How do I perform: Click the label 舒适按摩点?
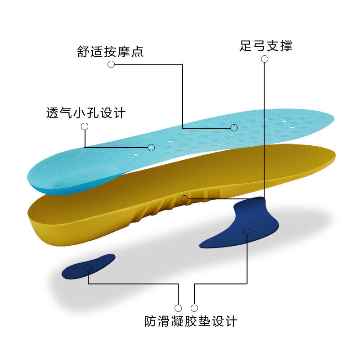[x=110, y=51]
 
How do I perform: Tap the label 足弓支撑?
[x=266, y=45]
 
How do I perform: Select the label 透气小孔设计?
[x=85, y=112]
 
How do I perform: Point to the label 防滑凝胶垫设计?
[x=191, y=321]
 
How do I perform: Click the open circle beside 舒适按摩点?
[x=111, y=64]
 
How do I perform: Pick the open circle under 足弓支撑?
[x=265, y=59]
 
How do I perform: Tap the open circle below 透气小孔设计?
[x=84, y=126]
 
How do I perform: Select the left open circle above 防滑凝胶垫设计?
[x=178, y=308]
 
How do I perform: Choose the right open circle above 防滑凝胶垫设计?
[x=194, y=308]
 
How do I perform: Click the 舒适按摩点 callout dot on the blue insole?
[x=234, y=128]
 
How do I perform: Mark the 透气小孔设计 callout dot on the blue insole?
[x=151, y=147]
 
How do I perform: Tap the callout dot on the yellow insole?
[x=184, y=198]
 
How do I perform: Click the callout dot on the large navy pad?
[x=247, y=231]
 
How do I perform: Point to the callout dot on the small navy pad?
[x=88, y=268]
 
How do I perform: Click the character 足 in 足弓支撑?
[x=246, y=45]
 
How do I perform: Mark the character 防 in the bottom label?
[x=151, y=321]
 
